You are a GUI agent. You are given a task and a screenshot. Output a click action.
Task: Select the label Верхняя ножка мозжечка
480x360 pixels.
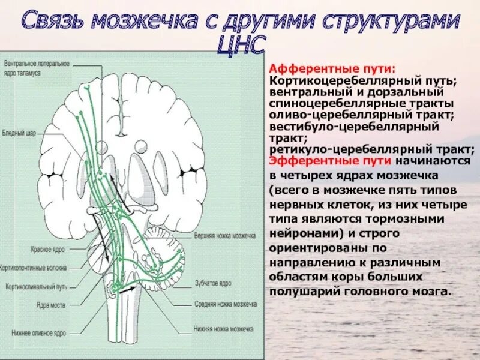[225, 236]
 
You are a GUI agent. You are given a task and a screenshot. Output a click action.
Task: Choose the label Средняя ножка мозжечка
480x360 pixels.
[225, 304]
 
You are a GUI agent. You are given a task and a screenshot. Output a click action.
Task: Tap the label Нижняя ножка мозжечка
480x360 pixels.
[223, 329]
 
